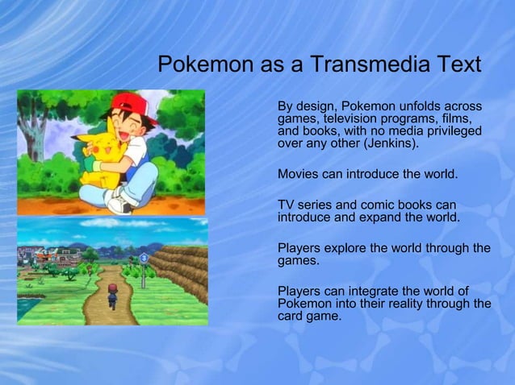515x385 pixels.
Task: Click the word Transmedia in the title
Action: (349, 64)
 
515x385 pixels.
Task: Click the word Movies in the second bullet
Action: (297, 174)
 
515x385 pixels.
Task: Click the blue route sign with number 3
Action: (144, 258)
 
